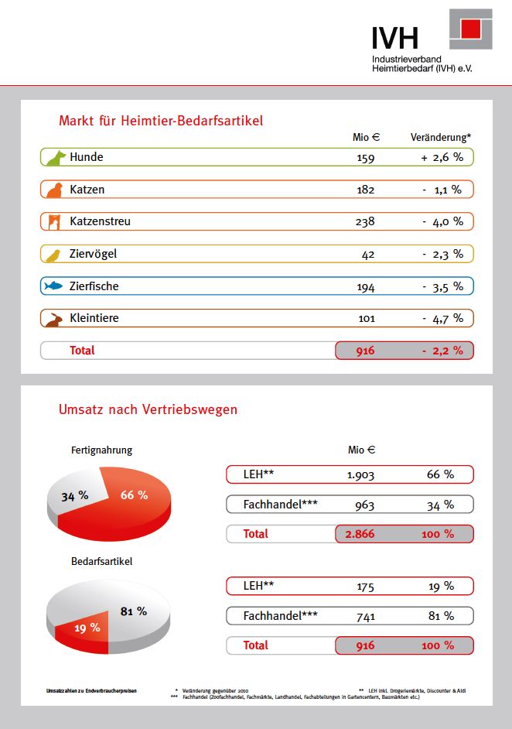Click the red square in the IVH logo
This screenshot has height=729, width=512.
[471, 29]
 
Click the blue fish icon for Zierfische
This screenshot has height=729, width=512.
[53, 286]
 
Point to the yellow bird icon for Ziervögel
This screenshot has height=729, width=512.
[54, 255]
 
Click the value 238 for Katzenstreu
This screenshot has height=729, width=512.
[364, 221]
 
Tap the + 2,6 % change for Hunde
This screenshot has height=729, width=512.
[442, 157]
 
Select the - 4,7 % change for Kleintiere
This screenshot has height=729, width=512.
[442, 318]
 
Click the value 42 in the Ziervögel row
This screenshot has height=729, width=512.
[367, 254]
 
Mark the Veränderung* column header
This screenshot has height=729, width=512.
[440, 137]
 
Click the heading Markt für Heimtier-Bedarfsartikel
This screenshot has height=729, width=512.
[161, 121]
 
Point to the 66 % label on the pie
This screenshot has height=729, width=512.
[134, 495]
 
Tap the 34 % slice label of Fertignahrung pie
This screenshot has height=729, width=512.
[74, 495]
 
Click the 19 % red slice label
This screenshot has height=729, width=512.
[87, 628]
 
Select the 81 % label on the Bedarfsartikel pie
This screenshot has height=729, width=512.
[134, 611]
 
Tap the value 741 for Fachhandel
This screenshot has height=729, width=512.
[365, 615]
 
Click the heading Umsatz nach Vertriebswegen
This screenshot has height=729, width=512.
[148, 409]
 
